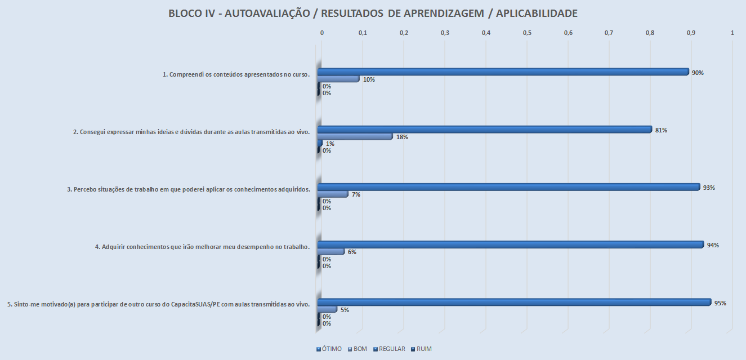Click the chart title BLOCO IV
[373, 14]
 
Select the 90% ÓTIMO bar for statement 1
[503, 72]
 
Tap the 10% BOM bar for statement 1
[338, 79]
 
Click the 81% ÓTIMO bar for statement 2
[484, 130]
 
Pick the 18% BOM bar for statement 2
[355, 136]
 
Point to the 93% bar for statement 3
[508, 187]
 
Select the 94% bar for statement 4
[511, 245]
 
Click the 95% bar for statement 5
[514, 303]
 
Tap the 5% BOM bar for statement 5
[328, 309]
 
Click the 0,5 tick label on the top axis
[527, 33]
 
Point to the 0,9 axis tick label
[691, 33]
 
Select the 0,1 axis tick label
[363, 33]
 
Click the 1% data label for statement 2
[330, 144]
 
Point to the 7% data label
[356, 194]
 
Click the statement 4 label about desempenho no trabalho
[203, 247]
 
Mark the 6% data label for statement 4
[352, 252]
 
